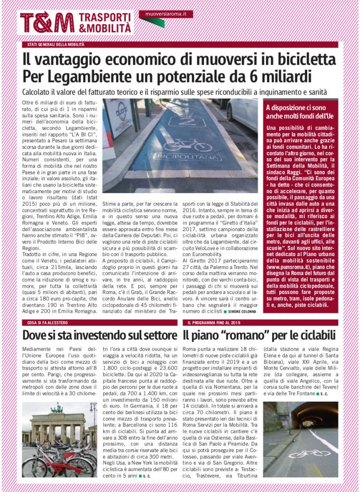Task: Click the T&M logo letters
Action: [47, 23]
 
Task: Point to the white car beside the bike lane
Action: [242, 113]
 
